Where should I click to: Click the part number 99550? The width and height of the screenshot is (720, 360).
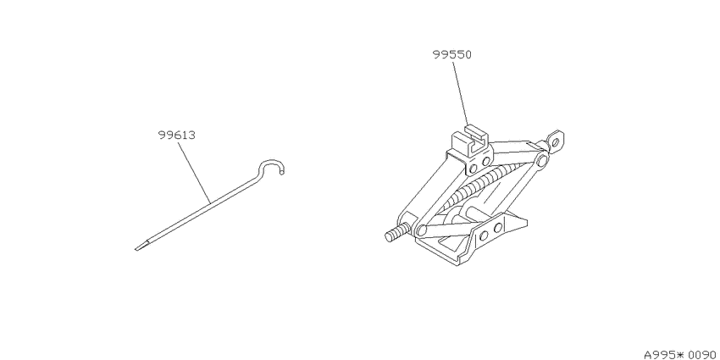(x=451, y=55)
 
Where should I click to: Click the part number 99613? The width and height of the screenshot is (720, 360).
(x=177, y=136)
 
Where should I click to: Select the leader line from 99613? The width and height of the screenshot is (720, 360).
(x=194, y=172)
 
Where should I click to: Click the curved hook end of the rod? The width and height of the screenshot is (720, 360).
(x=272, y=163)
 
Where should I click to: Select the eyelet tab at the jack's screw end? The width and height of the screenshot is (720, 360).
(x=556, y=140)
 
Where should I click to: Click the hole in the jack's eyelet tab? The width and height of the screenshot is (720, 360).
(x=556, y=142)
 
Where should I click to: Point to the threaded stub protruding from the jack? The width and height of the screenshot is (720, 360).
(x=396, y=232)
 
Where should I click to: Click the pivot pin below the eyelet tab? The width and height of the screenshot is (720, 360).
(x=542, y=160)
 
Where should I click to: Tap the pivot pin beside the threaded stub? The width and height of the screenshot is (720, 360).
(x=422, y=230)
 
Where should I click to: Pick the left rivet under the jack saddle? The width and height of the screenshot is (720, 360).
(x=473, y=169)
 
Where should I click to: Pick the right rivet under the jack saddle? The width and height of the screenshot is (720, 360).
(x=486, y=161)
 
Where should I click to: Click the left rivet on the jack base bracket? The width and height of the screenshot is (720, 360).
(x=484, y=236)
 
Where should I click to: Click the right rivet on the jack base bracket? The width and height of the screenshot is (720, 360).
(x=498, y=228)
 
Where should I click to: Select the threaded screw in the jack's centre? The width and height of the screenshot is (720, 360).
(x=482, y=186)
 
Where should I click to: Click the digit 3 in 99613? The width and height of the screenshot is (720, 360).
(x=192, y=136)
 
